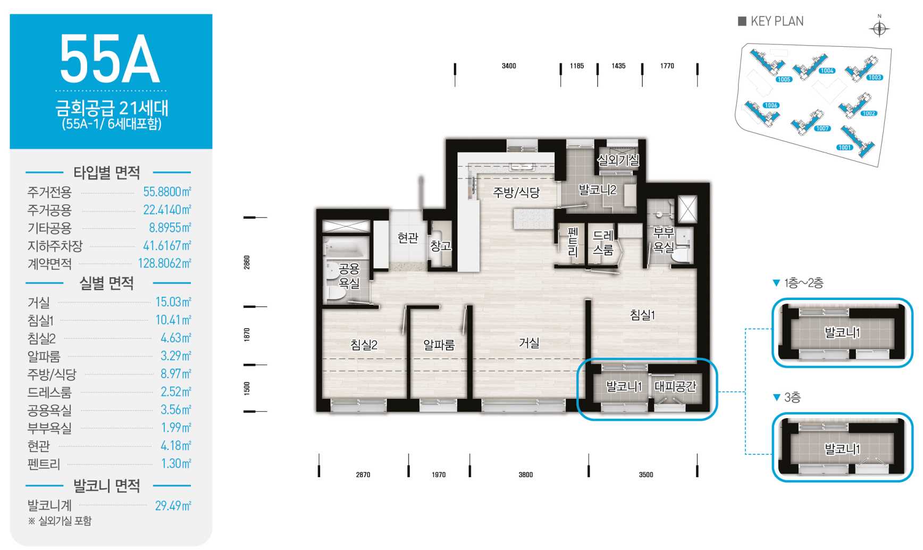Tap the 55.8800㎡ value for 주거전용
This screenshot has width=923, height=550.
point(167,192)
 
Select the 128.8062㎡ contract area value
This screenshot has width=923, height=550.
point(164,263)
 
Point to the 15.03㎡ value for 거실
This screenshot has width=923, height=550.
point(173,302)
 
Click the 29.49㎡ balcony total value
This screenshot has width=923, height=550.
point(173,506)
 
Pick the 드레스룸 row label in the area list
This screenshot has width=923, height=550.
point(49,393)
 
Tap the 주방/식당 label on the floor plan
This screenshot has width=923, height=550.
point(516,193)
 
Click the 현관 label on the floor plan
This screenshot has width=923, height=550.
point(408,238)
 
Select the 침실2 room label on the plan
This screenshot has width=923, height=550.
point(364,345)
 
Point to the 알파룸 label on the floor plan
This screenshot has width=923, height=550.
point(439,345)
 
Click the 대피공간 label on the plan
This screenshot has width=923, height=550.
point(675,386)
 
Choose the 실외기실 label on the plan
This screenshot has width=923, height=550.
point(618,160)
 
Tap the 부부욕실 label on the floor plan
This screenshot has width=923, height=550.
point(664,240)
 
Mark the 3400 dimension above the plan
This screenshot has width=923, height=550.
point(509,66)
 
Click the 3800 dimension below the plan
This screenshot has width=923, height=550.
point(525,474)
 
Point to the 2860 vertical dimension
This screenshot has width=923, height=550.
point(247,262)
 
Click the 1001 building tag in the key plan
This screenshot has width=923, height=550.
point(844,147)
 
